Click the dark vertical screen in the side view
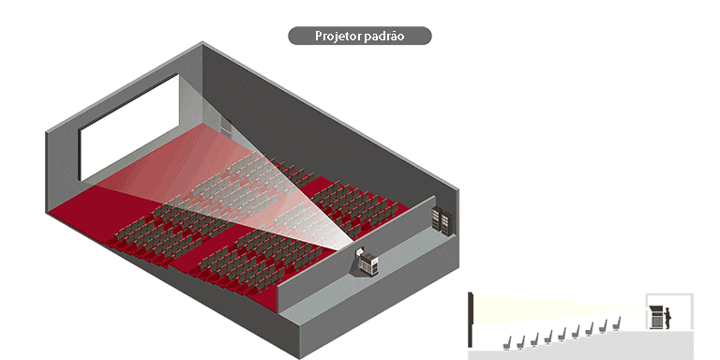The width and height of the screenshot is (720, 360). click(x=471, y=320)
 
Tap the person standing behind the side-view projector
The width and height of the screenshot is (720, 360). click(x=668, y=317)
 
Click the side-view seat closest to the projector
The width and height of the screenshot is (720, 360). click(x=619, y=323)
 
